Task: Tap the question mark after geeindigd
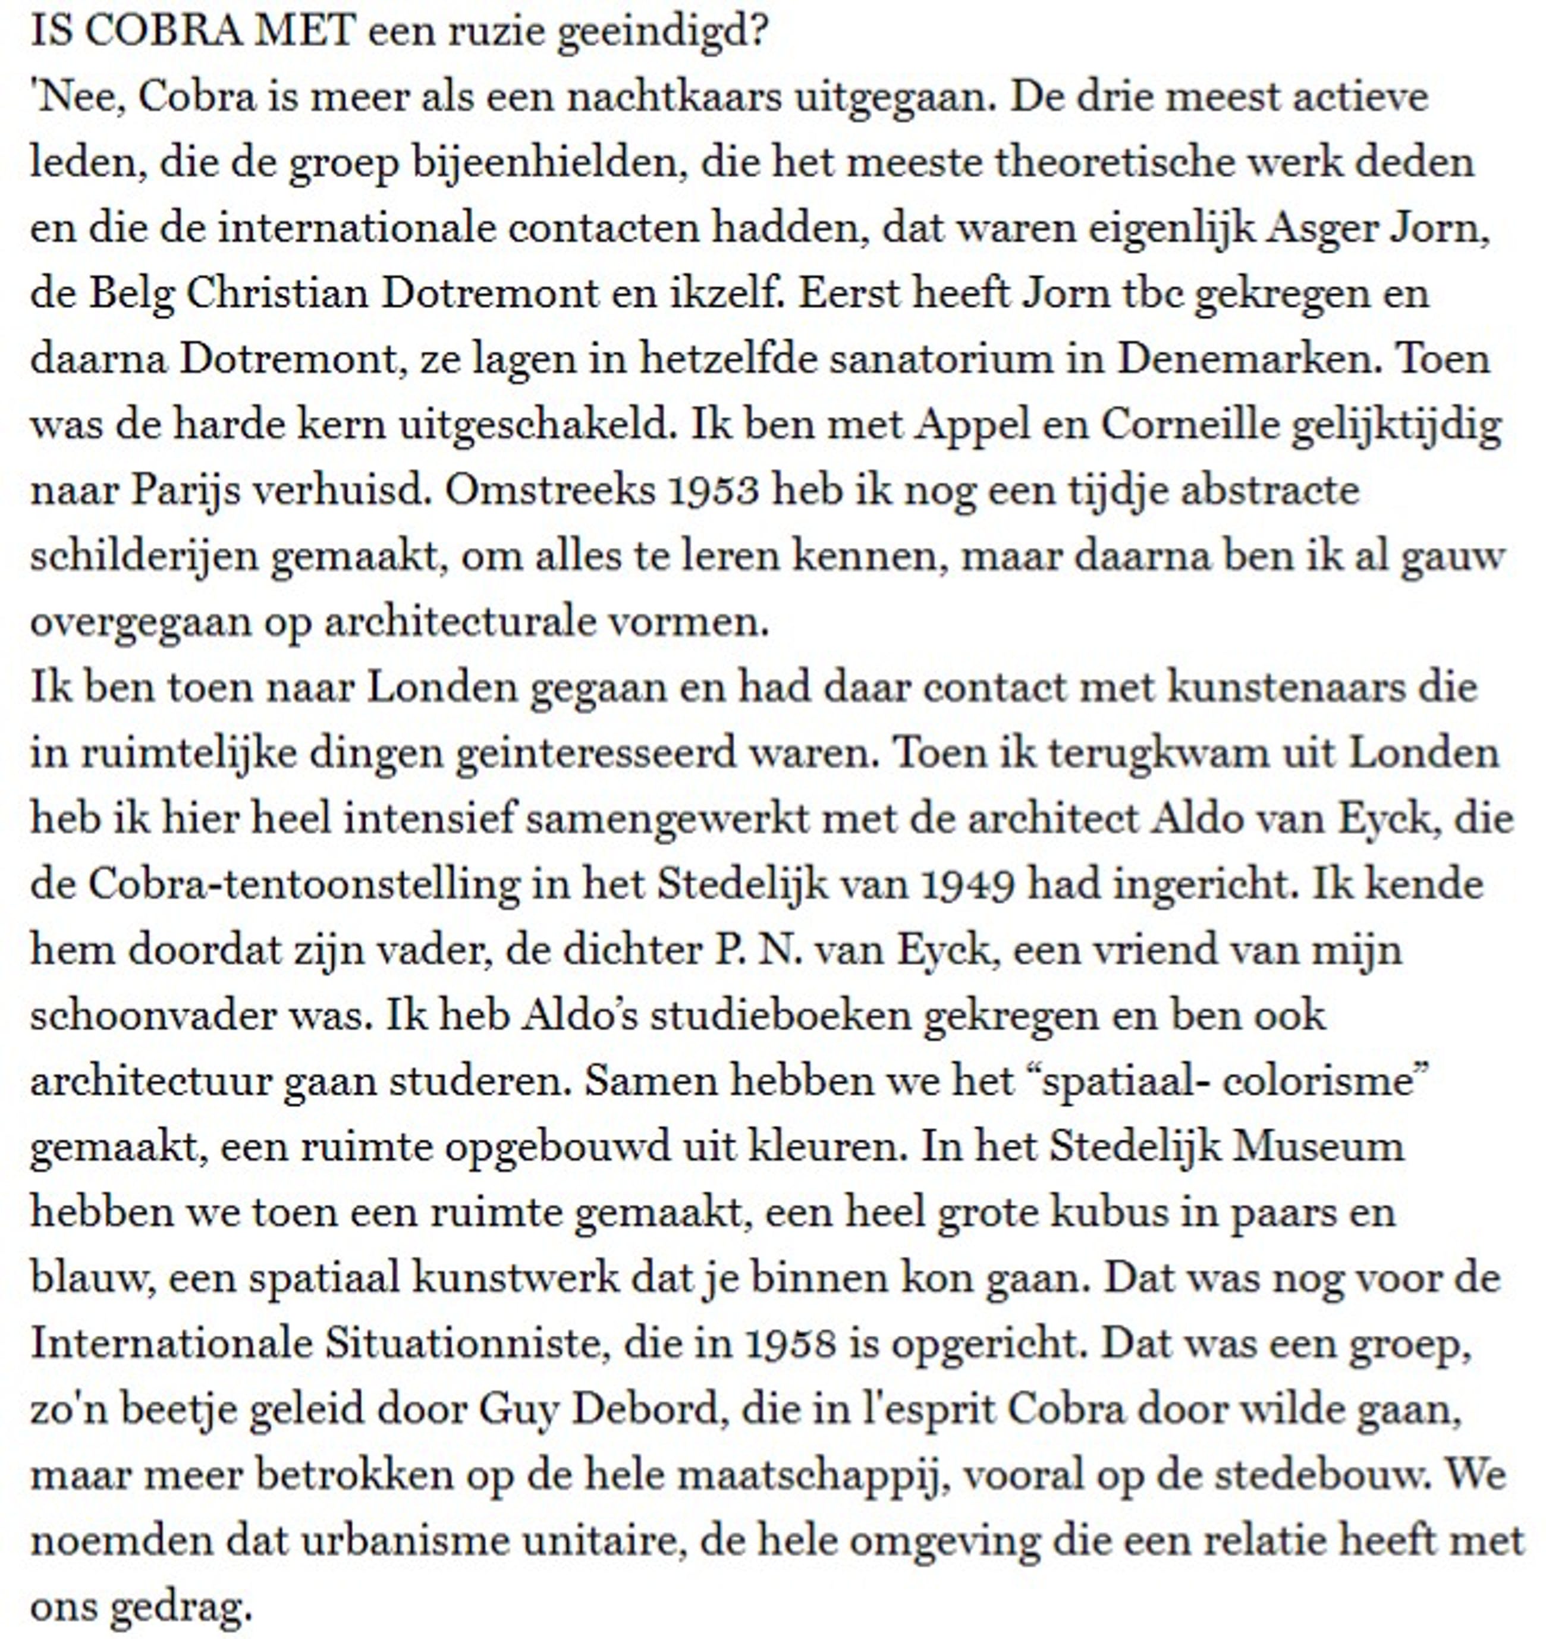click(x=759, y=32)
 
